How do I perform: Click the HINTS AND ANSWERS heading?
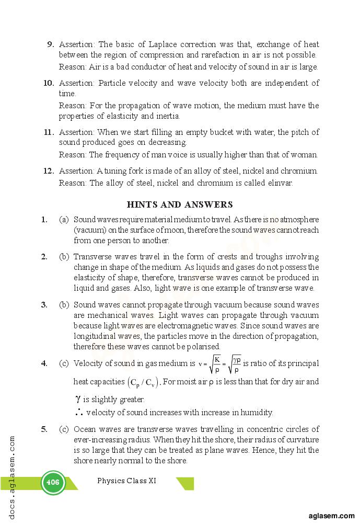pos(180,204)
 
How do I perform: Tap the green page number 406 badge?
pos(53,482)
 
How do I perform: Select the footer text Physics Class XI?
pos(126,481)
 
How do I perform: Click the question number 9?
pos(51,44)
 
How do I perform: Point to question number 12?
pos(49,171)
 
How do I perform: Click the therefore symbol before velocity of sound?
pos(78,412)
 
